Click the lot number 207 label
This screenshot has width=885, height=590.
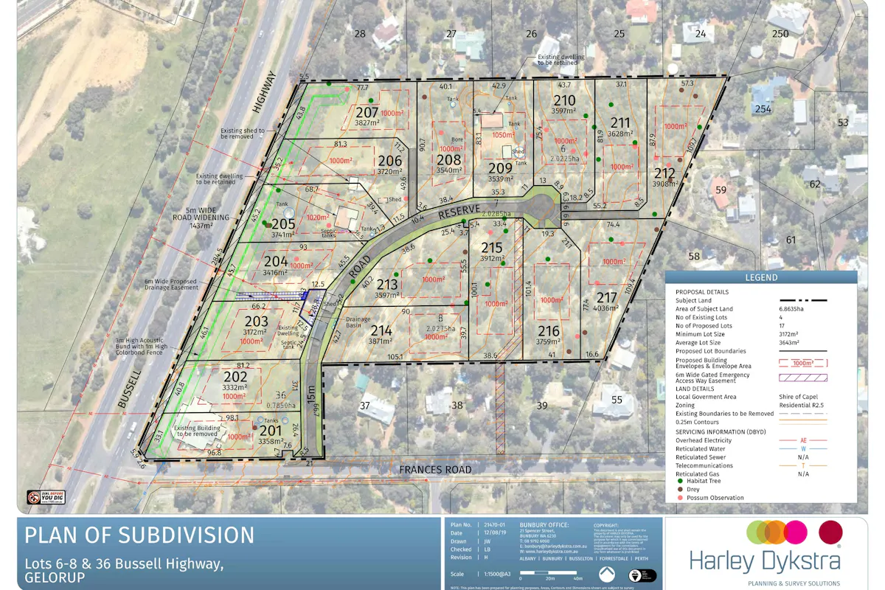point(367,112)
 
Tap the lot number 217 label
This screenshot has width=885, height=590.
point(606,297)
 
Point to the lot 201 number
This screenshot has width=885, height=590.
point(271,430)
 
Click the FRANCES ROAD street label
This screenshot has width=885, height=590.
point(435,469)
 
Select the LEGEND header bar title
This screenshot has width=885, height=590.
point(760,277)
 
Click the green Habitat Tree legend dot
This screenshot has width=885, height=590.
point(679,480)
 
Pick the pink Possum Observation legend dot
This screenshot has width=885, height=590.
point(679,498)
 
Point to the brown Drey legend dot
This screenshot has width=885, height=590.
point(679,489)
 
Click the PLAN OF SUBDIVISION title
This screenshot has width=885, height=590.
point(139,535)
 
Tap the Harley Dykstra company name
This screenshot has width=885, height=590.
point(765,561)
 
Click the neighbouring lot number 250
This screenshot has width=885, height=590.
point(780,33)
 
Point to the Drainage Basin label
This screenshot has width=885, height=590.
point(359,322)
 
